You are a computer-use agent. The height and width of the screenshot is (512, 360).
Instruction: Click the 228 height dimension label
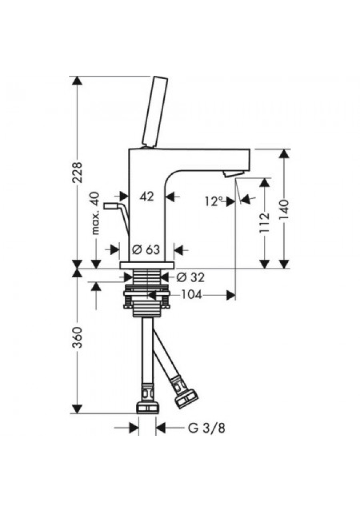[77, 172]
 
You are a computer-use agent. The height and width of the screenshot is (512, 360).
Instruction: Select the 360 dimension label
[77, 337]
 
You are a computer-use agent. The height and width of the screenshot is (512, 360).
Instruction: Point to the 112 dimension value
[264, 222]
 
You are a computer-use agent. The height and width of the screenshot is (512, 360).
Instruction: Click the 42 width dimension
[147, 196]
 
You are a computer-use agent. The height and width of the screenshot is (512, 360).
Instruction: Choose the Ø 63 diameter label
[146, 250]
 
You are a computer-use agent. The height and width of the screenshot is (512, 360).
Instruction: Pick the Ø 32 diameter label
[190, 277]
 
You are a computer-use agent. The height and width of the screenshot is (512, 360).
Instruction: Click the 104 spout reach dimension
[192, 295]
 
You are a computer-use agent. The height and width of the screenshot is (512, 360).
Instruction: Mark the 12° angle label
[214, 201]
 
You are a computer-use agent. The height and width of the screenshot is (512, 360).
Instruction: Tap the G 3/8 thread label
[206, 428]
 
